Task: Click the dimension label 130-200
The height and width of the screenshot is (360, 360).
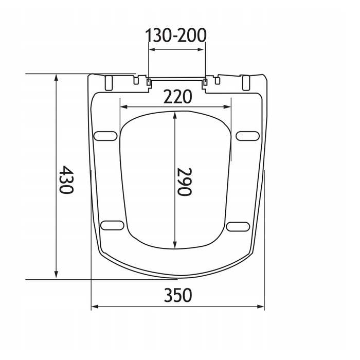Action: pyautogui.click(x=176, y=35)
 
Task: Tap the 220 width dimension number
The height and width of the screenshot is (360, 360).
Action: pyautogui.click(x=177, y=97)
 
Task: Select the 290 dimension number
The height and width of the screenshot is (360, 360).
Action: pyautogui.click(x=185, y=182)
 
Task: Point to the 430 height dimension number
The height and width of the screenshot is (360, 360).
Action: pyautogui.click(x=66, y=179)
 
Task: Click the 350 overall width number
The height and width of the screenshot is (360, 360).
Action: pyautogui.click(x=178, y=295)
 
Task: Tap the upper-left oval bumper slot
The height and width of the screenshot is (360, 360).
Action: pyautogui.click(x=105, y=136)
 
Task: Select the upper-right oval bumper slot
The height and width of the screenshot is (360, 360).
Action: pyautogui.click(x=248, y=136)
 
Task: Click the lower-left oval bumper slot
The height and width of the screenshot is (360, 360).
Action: pyautogui.click(x=112, y=225)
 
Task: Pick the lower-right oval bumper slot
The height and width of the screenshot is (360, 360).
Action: pyautogui.click(x=238, y=227)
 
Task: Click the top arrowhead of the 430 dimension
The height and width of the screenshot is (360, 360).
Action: pyautogui.click(x=56, y=78)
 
